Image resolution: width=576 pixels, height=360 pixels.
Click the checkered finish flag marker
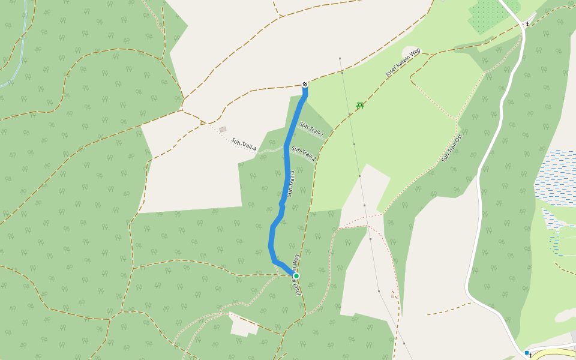pyautogui.click(x=305, y=85)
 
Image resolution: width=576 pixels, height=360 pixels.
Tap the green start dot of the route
pyautogui.click(x=296, y=276)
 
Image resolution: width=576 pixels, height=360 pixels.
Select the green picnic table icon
pyautogui.click(x=360, y=106)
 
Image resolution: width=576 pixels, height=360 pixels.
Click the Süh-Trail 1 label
pyautogui.click(x=311, y=128)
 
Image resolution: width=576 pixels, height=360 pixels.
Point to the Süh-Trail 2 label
pyautogui.click(x=304, y=154)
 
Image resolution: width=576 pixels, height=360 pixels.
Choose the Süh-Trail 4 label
pyautogui.click(x=244, y=145)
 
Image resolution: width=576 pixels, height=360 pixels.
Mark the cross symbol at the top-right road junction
pyautogui.click(x=527, y=24)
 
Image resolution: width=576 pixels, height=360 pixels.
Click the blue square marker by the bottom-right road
pyautogui.click(x=526, y=353)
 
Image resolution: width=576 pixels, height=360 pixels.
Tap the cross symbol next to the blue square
pyautogui.click(x=531, y=355)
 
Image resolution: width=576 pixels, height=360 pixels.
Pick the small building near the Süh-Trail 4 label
pyautogui.click(x=223, y=129)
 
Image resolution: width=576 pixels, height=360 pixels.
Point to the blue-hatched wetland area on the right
pyautogui.click(x=558, y=177)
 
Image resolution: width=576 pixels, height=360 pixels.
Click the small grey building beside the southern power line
pyautogui.click(x=392, y=296)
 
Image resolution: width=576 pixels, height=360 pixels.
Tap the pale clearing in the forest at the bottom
pyautogui.click(x=243, y=325)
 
